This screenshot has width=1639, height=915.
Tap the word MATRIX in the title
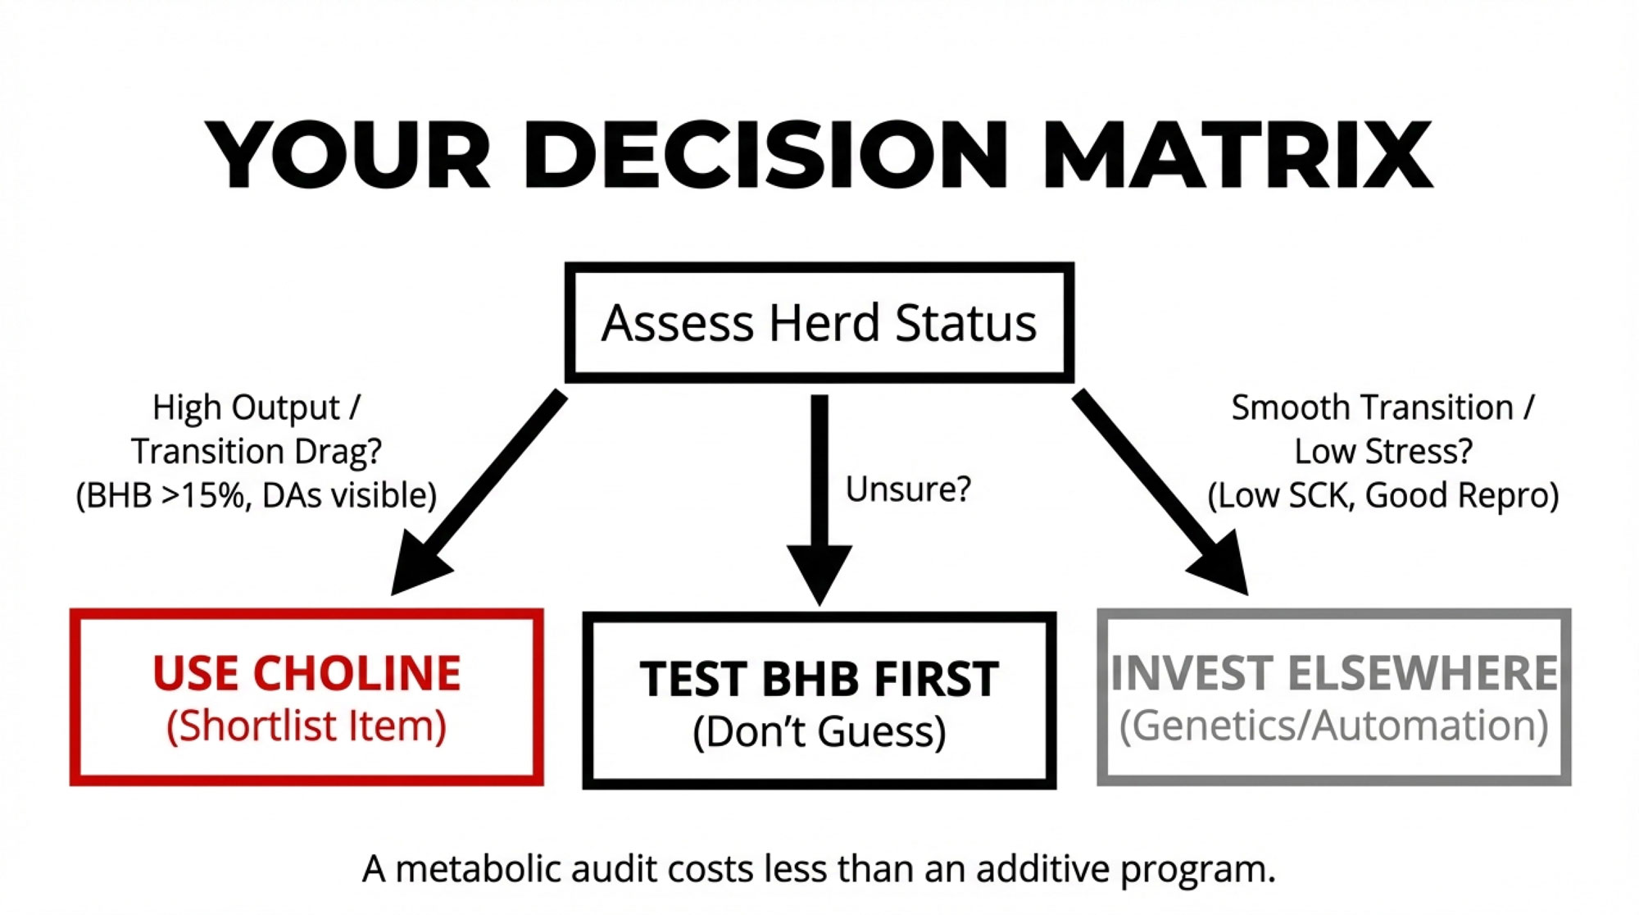1237,155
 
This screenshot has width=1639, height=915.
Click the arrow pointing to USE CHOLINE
479,493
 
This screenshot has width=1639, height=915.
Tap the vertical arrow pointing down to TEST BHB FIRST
819,500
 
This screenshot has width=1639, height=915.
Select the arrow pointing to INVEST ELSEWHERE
1160,493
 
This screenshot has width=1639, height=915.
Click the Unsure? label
908,489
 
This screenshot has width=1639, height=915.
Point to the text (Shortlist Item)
306,726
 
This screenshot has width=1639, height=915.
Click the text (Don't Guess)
819,731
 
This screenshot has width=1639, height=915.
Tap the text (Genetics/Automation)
1334,726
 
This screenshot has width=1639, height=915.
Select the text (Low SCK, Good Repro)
1383,496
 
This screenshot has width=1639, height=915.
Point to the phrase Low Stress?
1383,452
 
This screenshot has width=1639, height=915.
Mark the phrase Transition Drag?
257,452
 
